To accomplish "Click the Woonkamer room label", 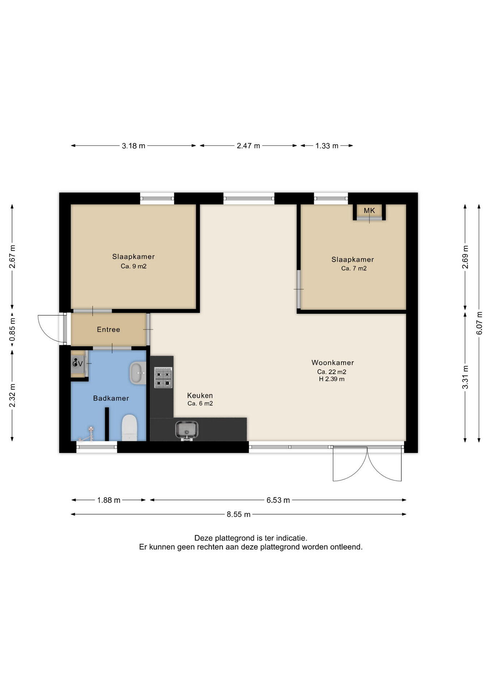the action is pyautogui.click(x=333, y=363).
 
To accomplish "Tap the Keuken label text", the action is pyautogui.click(x=200, y=395).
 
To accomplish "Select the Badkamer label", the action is pyautogui.click(x=111, y=398).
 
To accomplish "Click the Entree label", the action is pyautogui.click(x=108, y=330).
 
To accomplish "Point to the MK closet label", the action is pyautogui.click(x=370, y=210).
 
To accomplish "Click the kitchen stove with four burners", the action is pyautogui.click(x=163, y=377).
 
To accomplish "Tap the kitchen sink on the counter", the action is pyautogui.click(x=187, y=430).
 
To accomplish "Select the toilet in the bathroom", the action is pyautogui.click(x=129, y=428).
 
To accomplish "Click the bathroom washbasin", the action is pyautogui.click(x=137, y=373).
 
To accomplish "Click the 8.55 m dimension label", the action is pyautogui.click(x=239, y=514).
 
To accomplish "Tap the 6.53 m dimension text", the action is pyautogui.click(x=278, y=500).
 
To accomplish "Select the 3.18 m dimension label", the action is pyautogui.click(x=133, y=146).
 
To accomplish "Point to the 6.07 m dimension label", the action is pyautogui.click(x=479, y=323).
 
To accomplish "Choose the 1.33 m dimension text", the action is pyautogui.click(x=327, y=146).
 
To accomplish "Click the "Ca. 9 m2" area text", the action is pyautogui.click(x=133, y=266).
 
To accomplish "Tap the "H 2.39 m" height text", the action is pyautogui.click(x=332, y=379).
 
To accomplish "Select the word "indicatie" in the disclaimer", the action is pyautogui.click(x=291, y=538).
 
